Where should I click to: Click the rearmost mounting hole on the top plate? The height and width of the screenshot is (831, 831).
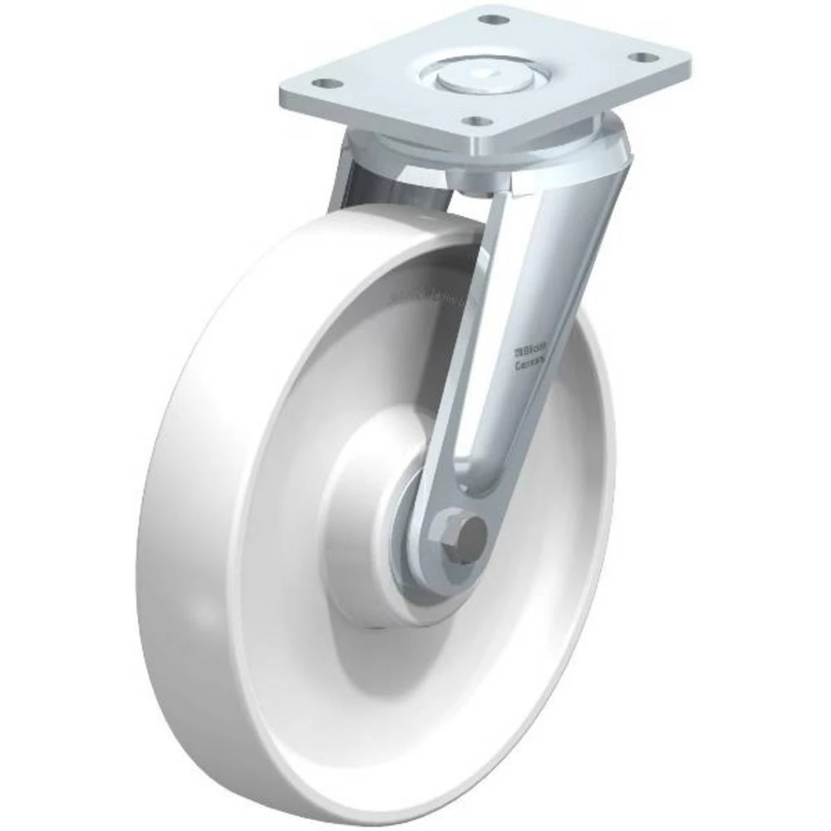pos(494,18)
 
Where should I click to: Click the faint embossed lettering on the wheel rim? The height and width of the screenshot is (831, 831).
pos(428,293)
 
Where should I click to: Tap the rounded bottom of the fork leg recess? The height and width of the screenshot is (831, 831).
pos(482,485)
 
